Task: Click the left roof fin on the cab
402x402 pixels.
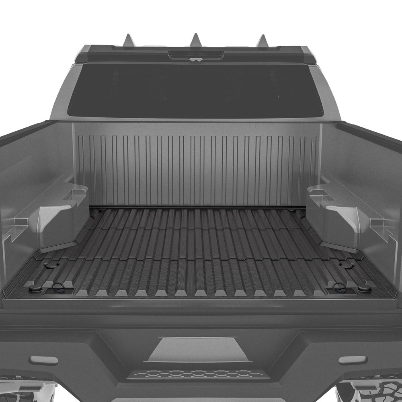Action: click(x=129, y=41)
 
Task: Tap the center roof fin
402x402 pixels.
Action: click(x=196, y=40)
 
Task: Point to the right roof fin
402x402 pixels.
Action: click(x=262, y=41)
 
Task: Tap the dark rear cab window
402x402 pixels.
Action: click(x=195, y=90)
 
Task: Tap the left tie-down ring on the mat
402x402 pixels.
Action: click(x=58, y=287)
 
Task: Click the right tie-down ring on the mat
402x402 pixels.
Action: click(x=339, y=287)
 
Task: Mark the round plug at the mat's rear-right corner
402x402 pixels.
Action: click(x=365, y=289)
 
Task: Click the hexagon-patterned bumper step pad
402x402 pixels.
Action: click(x=198, y=374)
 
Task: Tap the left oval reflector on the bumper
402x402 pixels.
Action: click(x=43, y=360)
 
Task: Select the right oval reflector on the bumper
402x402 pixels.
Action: click(x=353, y=360)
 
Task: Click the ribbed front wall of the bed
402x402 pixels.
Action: click(x=197, y=169)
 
